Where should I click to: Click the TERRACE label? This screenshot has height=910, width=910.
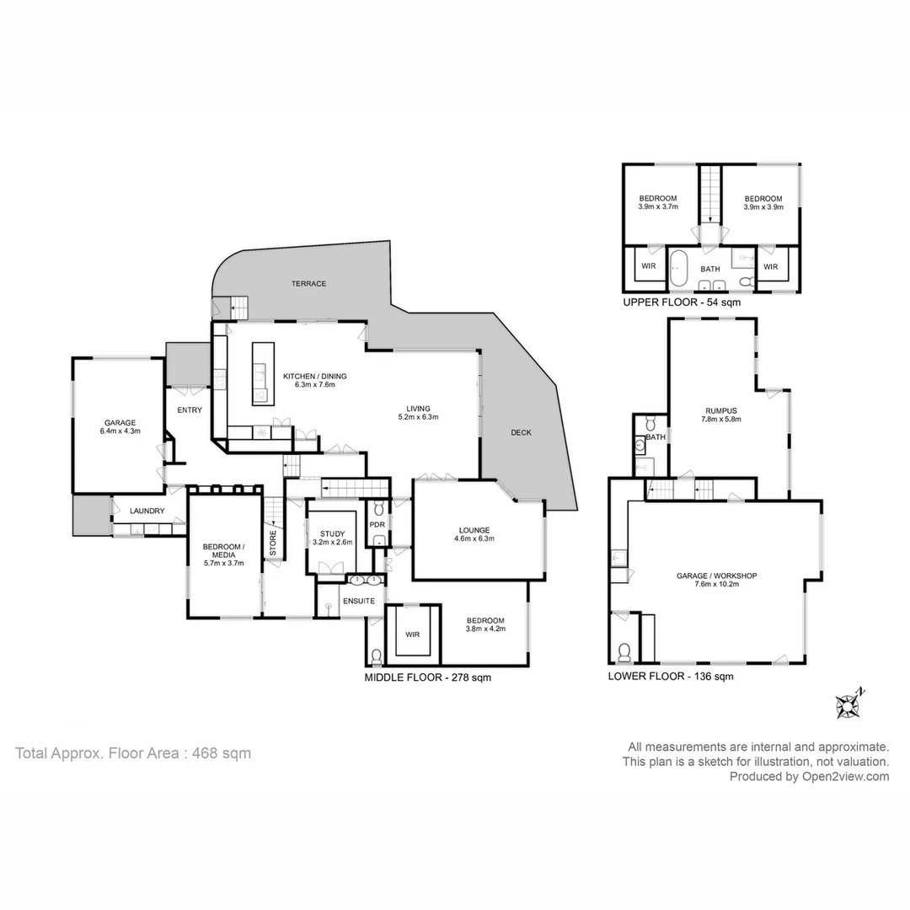[309, 284]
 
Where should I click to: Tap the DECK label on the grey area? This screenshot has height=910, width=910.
[521, 432]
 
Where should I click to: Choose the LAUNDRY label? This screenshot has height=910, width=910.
[147, 511]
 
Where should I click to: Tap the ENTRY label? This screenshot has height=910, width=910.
[190, 410]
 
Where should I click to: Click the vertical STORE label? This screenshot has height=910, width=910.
[272, 543]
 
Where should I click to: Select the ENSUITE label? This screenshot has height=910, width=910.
[358, 600]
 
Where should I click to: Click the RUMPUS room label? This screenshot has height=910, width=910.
[721, 412]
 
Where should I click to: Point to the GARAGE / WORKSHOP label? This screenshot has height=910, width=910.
[717, 576]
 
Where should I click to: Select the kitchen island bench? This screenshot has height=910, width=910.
[260, 373]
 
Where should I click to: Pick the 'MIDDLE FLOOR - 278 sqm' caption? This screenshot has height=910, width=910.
[427, 677]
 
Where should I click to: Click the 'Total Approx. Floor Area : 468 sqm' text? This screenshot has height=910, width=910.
[133, 753]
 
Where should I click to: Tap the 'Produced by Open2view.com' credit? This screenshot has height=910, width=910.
[809, 777]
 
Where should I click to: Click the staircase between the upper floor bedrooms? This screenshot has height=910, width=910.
[710, 194]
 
